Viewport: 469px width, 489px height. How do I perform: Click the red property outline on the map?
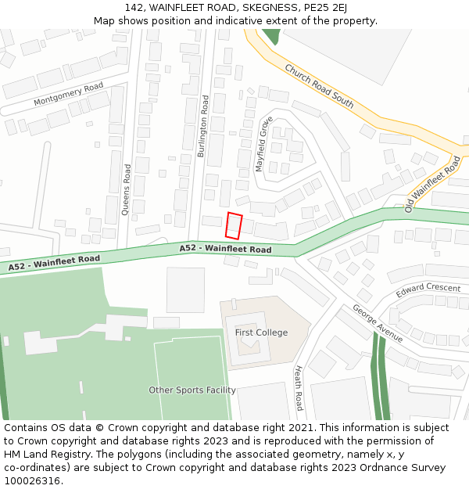coord(234,225)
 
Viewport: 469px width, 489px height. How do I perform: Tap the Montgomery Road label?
coord(69,95)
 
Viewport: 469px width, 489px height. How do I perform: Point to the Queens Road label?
coord(127,189)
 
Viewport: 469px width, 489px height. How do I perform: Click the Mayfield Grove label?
coord(264,144)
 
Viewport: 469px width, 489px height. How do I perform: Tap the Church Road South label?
coord(319,86)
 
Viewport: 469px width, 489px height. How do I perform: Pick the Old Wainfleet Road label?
coord(432,185)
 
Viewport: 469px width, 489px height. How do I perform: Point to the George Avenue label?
coord(378,323)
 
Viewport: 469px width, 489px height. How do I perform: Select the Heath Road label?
coord(298,388)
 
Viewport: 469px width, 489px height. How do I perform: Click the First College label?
coord(261,333)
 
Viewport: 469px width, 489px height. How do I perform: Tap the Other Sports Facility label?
coord(192,390)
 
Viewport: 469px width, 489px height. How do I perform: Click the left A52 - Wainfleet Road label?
coord(55,263)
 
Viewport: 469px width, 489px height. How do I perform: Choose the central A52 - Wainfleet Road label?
coord(225,250)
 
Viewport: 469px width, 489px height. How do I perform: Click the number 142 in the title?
coord(134,8)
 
